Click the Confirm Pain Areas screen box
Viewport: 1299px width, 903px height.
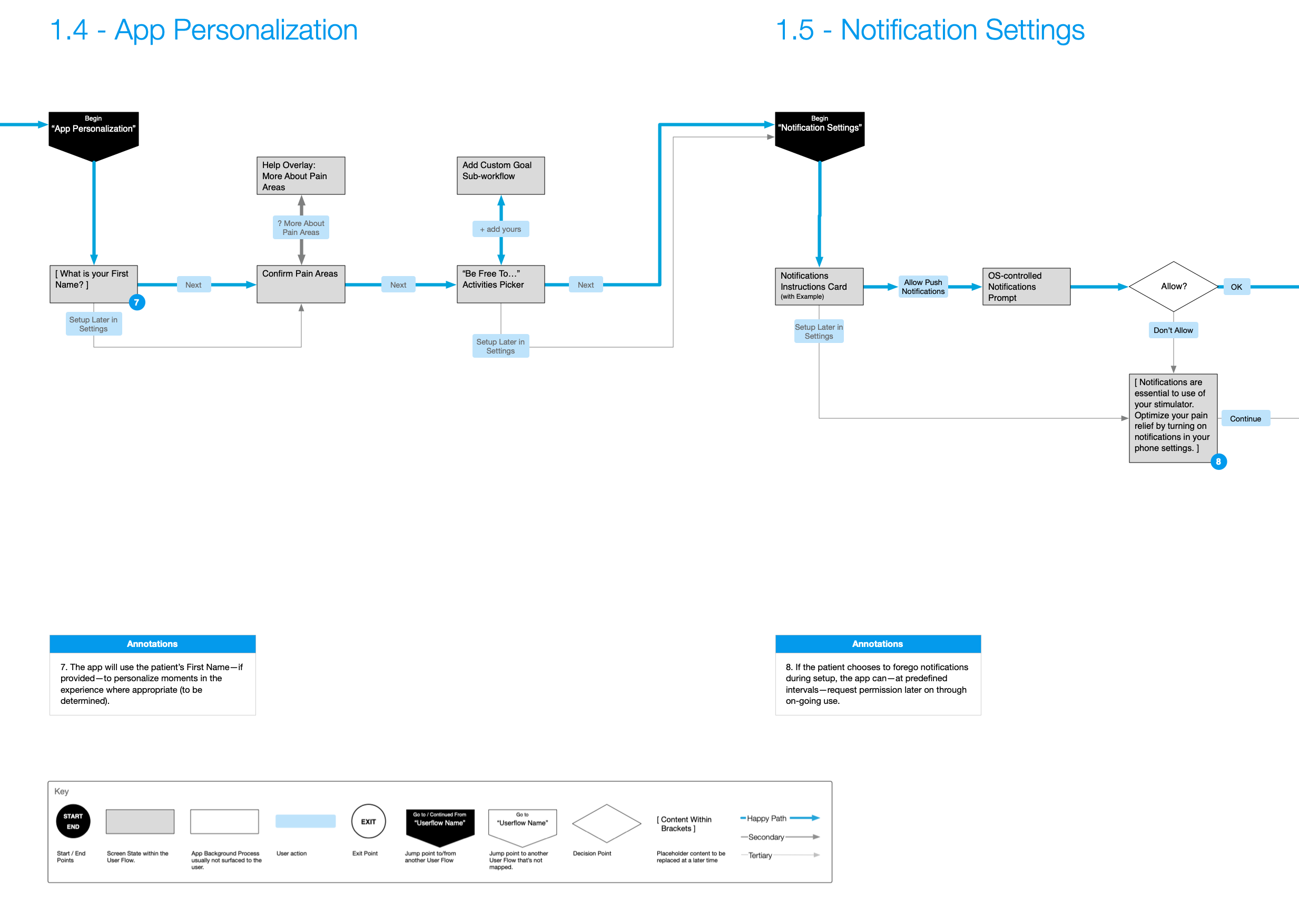tap(300, 284)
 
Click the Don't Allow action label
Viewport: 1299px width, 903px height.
tap(1172, 330)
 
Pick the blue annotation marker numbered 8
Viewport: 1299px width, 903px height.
tap(1218, 462)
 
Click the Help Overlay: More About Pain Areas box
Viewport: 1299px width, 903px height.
tap(300, 176)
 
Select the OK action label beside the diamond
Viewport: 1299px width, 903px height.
tap(1236, 287)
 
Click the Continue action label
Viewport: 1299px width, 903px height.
tap(1245, 419)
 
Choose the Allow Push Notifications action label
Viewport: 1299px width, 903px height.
tap(923, 287)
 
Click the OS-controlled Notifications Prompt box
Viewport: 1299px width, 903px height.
tap(1026, 287)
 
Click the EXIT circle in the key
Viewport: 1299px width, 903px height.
tap(368, 821)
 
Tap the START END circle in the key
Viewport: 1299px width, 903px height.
tap(73, 821)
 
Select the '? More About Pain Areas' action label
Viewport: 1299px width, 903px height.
tap(300, 228)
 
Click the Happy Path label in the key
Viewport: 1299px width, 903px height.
tap(766, 819)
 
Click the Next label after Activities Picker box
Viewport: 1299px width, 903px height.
tap(586, 285)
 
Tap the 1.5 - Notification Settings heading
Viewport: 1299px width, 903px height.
tap(930, 30)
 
